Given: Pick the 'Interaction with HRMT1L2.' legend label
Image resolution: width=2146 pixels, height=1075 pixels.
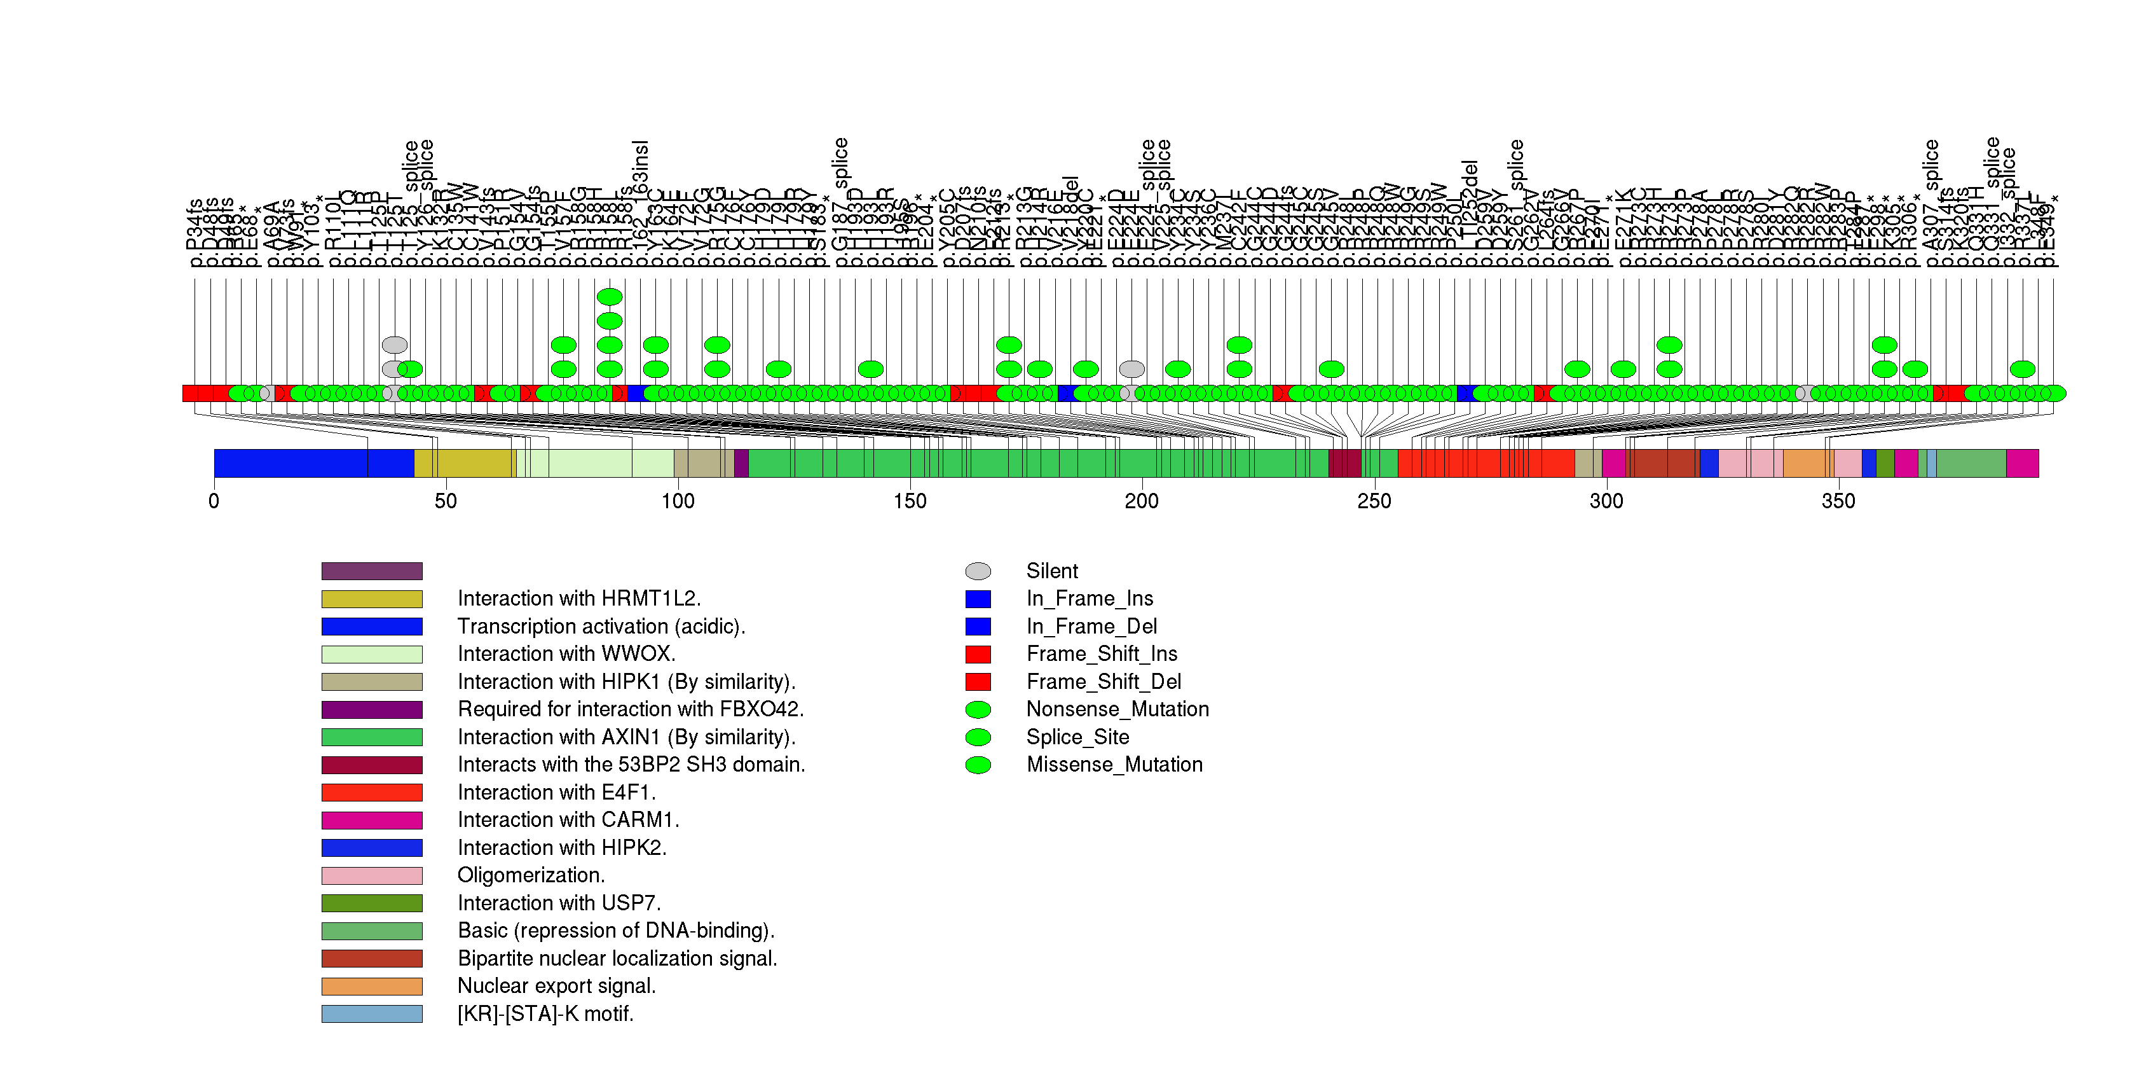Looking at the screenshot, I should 579,599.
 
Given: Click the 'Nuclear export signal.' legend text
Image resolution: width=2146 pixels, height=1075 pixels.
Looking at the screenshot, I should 556,987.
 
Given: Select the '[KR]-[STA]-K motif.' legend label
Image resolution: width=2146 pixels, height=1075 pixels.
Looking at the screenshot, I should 545,1014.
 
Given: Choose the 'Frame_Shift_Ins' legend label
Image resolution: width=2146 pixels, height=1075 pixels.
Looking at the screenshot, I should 1102,654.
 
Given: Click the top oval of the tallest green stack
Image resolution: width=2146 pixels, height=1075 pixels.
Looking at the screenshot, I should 610,296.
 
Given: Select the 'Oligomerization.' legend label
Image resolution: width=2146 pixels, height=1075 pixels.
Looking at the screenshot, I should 531,876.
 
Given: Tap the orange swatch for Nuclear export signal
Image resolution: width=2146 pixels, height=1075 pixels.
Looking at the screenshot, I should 372,987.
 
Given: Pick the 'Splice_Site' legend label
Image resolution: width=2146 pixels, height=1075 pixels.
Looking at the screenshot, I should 1077,737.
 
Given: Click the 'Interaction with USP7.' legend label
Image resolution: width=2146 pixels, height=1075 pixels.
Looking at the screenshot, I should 559,903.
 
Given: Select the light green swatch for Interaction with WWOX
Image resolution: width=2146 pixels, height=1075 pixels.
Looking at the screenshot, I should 372,654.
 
